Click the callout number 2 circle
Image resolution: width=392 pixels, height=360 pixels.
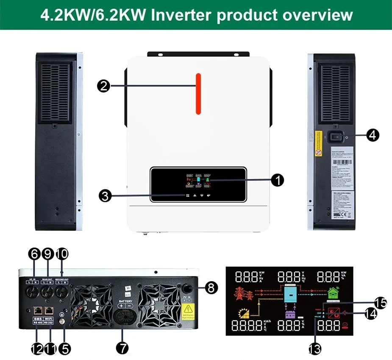pyautogui.click(x=103, y=86)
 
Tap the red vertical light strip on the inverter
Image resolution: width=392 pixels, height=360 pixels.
pyautogui.click(x=198, y=94)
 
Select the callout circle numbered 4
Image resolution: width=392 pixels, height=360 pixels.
pyautogui.click(x=373, y=135)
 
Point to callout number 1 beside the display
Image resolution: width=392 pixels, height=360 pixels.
pyautogui.click(x=277, y=180)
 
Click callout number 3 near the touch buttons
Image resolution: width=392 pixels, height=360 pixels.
pyautogui.click(x=105, y=196)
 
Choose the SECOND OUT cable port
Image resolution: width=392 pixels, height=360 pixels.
pyautogui.click(x=62, y=292)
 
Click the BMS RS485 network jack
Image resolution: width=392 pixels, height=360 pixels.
pyautogui.click(x=37, y=311)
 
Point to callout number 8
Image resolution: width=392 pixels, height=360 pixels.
pyautogui.click(x=211, y=288)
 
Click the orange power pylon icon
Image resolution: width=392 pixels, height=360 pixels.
pyautogui.click(x=242, y=293)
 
